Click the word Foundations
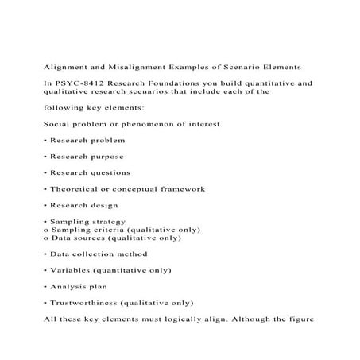point(170,82)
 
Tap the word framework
point(180,189)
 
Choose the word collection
point(97,254)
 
